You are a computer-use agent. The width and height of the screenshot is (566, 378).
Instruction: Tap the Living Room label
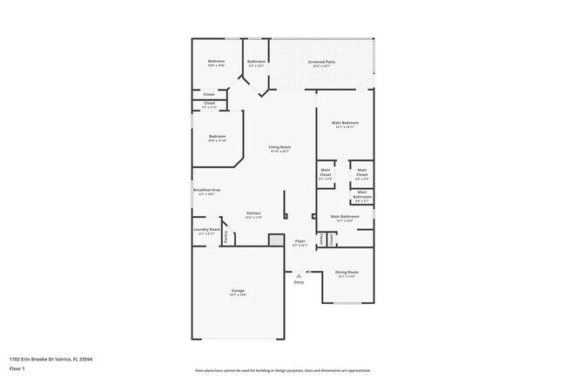tap(280, 147)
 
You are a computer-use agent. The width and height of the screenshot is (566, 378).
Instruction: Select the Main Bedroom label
tap(345, 123)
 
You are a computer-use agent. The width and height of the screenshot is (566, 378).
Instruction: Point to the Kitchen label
tap(253, 213)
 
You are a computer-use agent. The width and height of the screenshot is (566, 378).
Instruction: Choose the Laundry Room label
tap(207, 229)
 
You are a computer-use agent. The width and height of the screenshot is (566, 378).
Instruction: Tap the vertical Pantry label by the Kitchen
tap(225, 236)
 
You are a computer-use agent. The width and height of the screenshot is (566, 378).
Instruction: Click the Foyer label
tap(300, 240)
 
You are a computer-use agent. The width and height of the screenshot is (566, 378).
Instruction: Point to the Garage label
tap(238, 290)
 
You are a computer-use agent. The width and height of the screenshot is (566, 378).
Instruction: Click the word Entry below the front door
tap(299, 282)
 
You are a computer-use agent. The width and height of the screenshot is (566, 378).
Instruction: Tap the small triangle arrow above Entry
tap(299, 275)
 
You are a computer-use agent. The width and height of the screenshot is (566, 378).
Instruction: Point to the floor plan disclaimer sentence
tap(282, 369)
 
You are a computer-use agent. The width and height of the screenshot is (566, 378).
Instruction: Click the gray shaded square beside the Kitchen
tap(276, 240)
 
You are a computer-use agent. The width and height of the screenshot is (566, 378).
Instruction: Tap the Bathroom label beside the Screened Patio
tap(256, 61)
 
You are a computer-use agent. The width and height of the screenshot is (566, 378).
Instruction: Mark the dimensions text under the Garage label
tap(238, 295)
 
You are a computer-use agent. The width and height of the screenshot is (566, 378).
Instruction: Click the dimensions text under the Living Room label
tap(280, 152)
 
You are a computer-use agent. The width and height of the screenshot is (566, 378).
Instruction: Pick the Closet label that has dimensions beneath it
tap(209, 103)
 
